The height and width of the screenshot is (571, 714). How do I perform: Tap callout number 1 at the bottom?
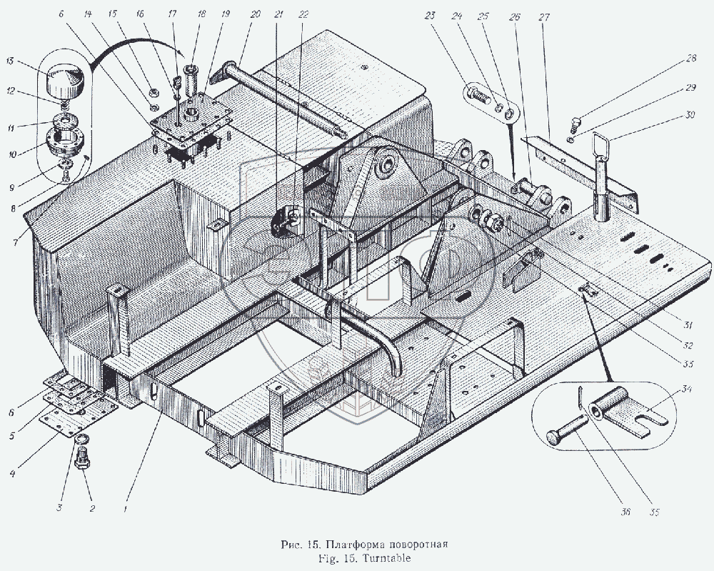coord(126,510)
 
